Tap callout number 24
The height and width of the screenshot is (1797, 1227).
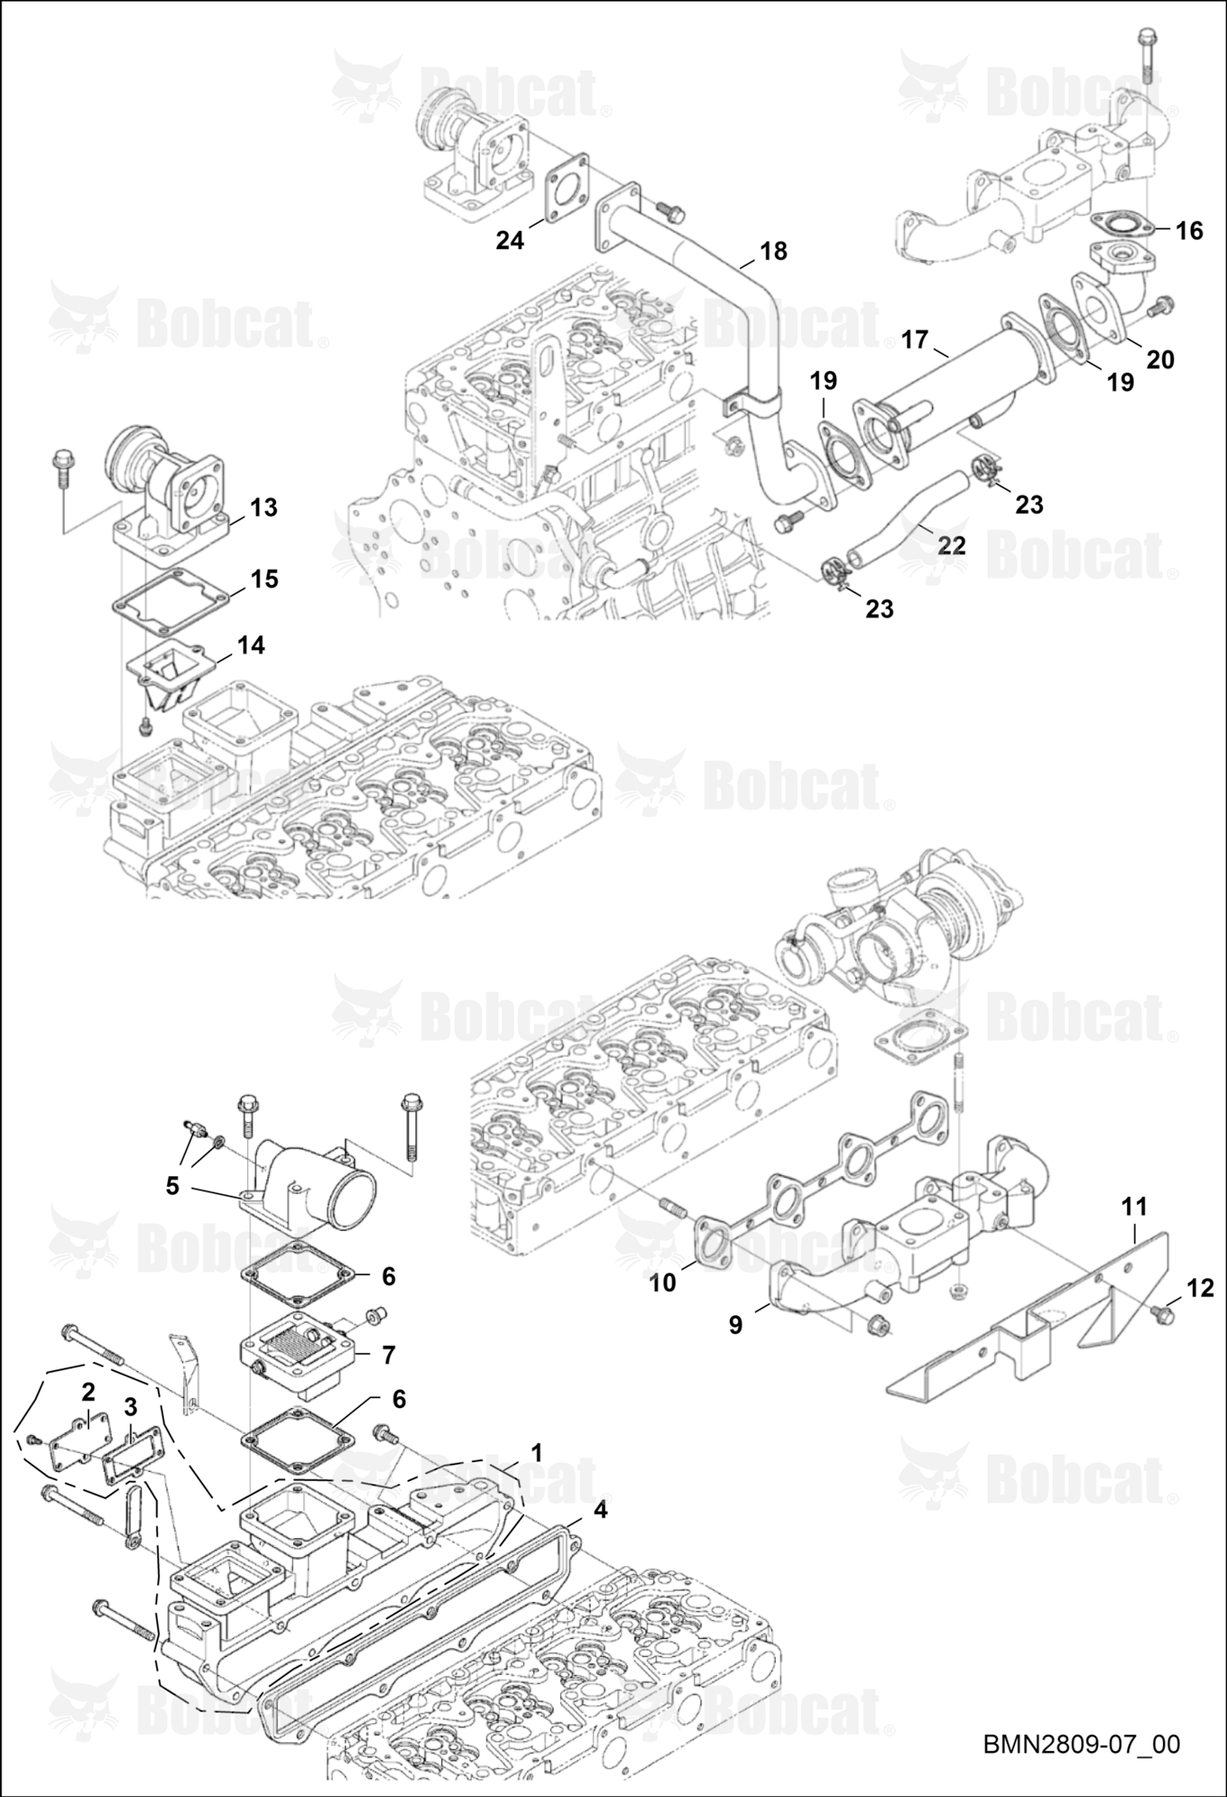pyautogui.click(x=510, y=241)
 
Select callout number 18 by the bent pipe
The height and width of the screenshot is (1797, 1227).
pyautogui.click(x=773, y=251)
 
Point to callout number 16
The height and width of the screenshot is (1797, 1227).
pyautogui.click(x=1188, y=231)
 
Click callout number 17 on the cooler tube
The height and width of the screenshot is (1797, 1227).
pyautogui.click(x=914, y=341)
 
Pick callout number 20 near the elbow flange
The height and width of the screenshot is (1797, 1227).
pyautogui.click(x=1160, y=359)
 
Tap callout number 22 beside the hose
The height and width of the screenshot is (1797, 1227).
pyautogui.click(x=952, y=545)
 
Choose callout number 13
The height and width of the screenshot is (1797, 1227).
pyautogui.click(x=263, y=508)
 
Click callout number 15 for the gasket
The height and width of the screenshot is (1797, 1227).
pyautogui.click(x=264, y=579)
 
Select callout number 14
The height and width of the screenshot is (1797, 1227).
pyautogui.click(x=251, y=645)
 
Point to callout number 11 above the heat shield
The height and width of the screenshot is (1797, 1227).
pyautogui.click(x=1134, y=1207)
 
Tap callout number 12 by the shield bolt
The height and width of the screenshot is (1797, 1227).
pyautogui.click(x=1200, y=1288)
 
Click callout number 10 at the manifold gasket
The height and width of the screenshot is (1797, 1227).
pyautogui.click(x=662, y=1282)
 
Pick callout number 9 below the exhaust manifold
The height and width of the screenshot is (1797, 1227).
pyautogui.click(x=735, y=1324)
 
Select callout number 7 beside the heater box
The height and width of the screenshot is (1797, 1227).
pyautogui.click(x=388, y=1355)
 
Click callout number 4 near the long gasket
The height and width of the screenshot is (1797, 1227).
pyautogui.click(x=600, y=1510)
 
